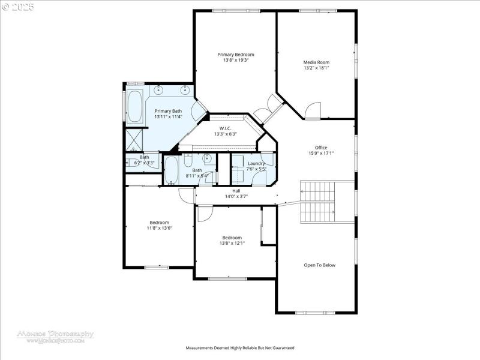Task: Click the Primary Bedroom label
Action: coord(236,55)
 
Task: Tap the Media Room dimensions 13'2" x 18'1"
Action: coord(316,68)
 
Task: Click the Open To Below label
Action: coord(319,265)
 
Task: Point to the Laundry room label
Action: coord(256,163)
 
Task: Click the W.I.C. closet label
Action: coord(226,128)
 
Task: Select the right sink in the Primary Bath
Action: coord(185,91)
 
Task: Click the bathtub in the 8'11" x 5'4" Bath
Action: coord(172,171)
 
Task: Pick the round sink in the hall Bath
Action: coord(206,159)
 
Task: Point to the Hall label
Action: coord(236,190)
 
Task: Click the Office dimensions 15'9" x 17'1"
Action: coord(321,153)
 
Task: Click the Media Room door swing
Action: coord(313,110)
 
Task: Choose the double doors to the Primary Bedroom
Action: coord(266,109)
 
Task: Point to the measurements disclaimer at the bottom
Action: coord(240,348)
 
